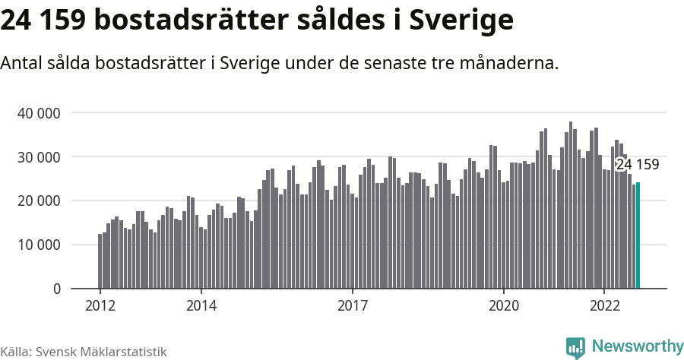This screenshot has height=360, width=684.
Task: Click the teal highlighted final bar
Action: pyautogui.click(x=638, y=235)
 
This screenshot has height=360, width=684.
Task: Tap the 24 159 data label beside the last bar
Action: pyautogui.click(x=637, y=165)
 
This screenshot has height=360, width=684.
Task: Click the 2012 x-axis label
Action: pyautogui.click(x=100, y=305)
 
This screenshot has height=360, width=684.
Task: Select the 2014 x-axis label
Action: pyautogui.click(x=201, y=305)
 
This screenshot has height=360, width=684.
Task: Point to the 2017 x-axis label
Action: pyautogui.click(x=352, y=305)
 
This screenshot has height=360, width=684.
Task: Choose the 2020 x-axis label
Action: pyautogui.click(x=503, y=305)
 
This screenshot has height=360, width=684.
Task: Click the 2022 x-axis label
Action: pyautogui.click(x=604, y=305)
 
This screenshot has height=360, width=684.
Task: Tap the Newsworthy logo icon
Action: pyautogui.click(x=575, y=347)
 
